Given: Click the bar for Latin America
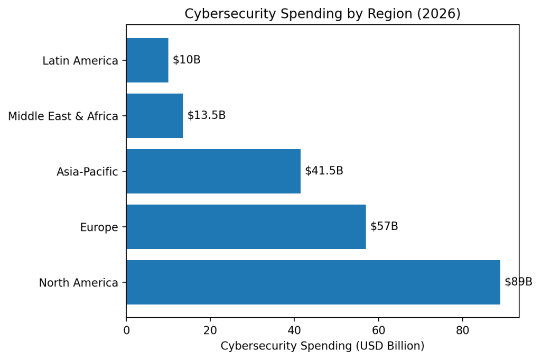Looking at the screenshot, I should click(147, 60).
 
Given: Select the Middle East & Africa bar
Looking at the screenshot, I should click(154, 116).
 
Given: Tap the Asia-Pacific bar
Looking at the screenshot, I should click(213, 171).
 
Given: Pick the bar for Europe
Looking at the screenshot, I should click(246, 227).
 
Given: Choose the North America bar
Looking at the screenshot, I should click(313, 282).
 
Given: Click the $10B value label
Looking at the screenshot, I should click(186, 60).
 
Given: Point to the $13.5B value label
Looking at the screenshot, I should click(207, 115).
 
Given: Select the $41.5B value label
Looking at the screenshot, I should click(324, 171).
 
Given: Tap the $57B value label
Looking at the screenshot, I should click(384, 226).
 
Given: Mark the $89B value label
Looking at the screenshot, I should click(518, 282).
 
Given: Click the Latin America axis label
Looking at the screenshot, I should click(80, 61).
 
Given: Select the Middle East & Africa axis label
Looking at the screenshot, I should click(63, 116).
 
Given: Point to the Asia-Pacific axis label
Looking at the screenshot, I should click(87, 172).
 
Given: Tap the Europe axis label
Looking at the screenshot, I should click(99, 227).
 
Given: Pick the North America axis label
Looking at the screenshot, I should click(78, 283).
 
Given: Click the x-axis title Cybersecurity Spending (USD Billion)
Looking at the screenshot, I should click(322, 346).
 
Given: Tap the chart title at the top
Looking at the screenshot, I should click(322, 14).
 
